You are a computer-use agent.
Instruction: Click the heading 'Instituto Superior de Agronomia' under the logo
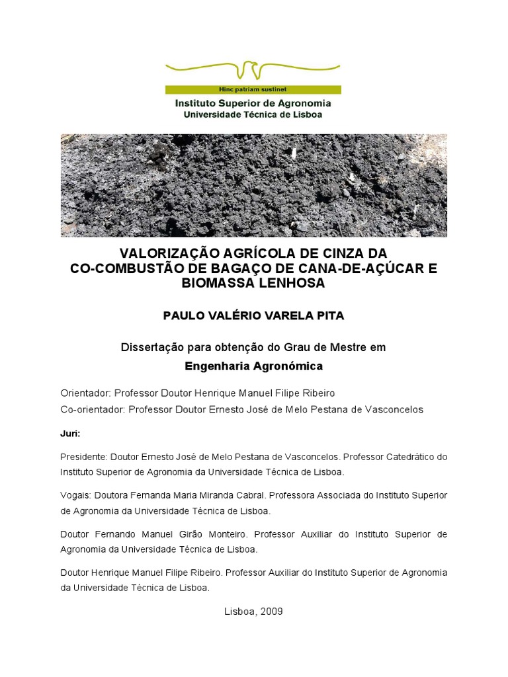tap(253, 103)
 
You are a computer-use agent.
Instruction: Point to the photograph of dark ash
tap(253, 185)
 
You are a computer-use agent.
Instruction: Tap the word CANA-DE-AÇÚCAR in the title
tap(368, 269)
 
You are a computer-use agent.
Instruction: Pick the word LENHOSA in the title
tap(296, 284)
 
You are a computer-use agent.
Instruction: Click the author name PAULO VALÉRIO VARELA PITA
tap(253, 315)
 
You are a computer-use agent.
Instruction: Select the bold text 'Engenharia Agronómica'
tap(253, 365)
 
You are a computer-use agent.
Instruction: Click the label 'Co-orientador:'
tap(93, 409)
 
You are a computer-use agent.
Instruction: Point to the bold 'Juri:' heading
tap(70, 434)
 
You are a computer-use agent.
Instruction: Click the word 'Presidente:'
tap(84, 457)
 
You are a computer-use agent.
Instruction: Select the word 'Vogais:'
tap(75, 495)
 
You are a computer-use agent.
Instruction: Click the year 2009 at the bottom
tap(271, 612)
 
